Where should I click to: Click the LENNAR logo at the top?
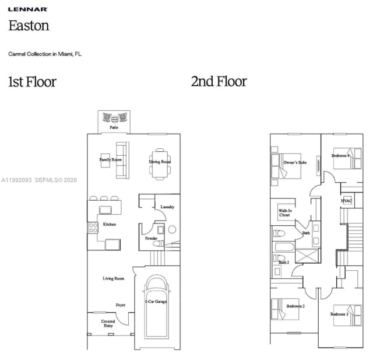pos(28,9)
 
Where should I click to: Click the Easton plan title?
pos(29,26)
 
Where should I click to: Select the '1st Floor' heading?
pos(32,82)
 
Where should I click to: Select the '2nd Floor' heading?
pos(219,82)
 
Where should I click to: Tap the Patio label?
pos(114,127)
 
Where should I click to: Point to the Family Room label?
pos(110,159)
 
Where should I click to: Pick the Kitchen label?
pos(110,224)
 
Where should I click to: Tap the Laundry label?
pos(167,207)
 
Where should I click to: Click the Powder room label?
pos(152,238)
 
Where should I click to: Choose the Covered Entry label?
pos(108,323)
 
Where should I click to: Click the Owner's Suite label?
pos(295,162)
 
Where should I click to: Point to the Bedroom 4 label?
pos(340,156)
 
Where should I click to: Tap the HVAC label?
pos(347,201)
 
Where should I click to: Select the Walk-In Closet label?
pos(285,213)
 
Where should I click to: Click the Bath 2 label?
pos(283,263)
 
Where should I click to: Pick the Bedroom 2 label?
pos(295,306)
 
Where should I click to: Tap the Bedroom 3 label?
pos(339,314)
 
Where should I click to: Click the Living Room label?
pos(114,278)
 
